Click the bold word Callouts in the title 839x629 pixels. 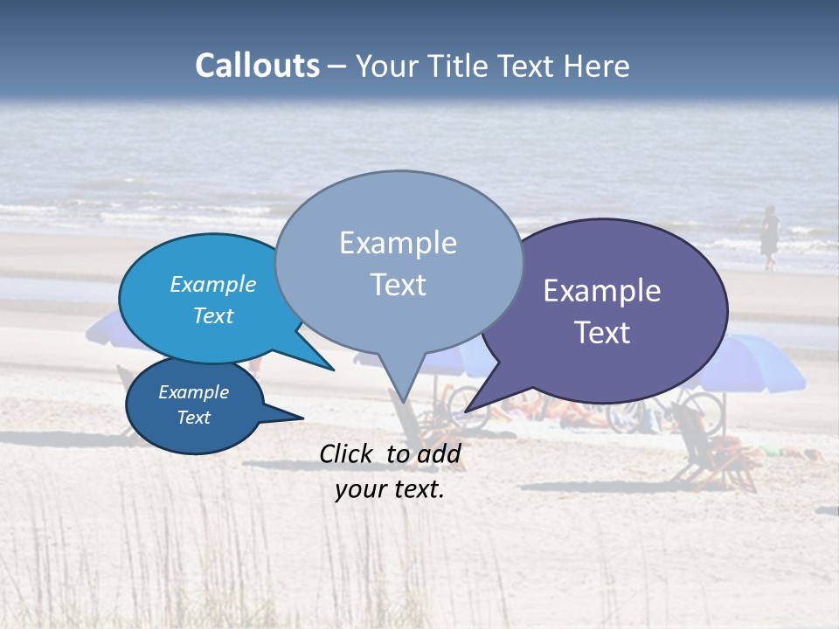coord(257,66)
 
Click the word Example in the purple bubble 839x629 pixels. coord(602,291)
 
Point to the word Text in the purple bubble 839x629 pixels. coord(602,333)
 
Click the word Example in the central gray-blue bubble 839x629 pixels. coord(398,243)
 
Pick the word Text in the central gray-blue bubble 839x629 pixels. coord(398,285)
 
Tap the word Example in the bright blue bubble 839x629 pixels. coord(213,284)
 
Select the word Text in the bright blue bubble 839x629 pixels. coord(213,315)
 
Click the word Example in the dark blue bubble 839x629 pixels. coord(194,392)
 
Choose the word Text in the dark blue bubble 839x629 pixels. coord(194,418)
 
